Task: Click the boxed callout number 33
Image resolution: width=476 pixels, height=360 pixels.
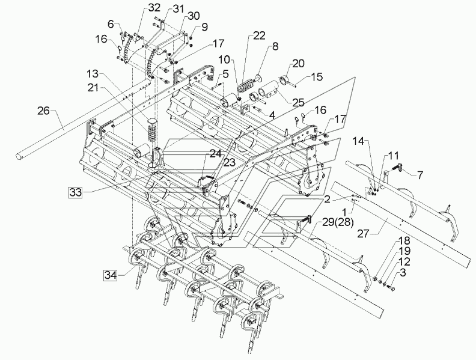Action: pyautogui.click(x=75, y=192)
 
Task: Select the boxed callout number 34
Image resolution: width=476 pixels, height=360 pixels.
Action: pyautogui.click(x=111, y=275)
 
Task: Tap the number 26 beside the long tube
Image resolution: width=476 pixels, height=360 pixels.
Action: pyautogui.click(x=43, y=111)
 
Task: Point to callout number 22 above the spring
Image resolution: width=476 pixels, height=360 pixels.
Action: pyautogui.click(x=259, y=35)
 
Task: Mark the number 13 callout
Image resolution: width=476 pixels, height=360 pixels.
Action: pyautogui.click(x=93, y=73)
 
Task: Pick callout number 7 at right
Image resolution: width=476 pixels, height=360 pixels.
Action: pyautogui.click(x=420, y=175)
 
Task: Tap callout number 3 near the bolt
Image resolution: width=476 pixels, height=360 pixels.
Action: pyautogui.click(x=403, y=272)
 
